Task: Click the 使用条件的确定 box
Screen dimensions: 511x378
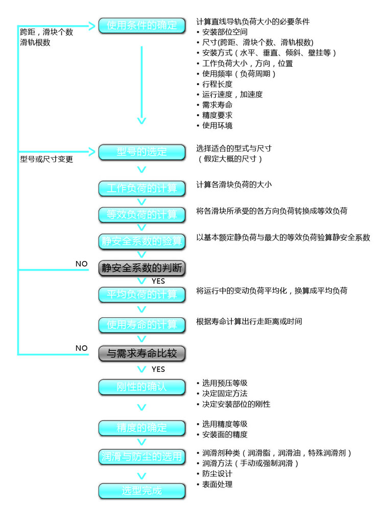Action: (x=141, y=25)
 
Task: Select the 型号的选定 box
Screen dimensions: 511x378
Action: (x=141, y=151)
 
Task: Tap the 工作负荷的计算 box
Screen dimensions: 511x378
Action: (x=141, y=188)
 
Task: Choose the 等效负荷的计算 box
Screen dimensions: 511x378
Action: (x=141, y=214)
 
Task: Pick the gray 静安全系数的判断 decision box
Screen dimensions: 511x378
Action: (x=141, y=268)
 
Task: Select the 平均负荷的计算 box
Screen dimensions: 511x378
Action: (x=141, y=295)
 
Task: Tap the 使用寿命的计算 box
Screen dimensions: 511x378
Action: (x=141, y=324)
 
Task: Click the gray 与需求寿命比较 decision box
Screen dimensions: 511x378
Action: (x=141, y=352)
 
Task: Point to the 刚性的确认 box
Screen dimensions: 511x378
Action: (x=141, y=387)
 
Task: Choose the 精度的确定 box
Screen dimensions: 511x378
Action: (x=141, y=427)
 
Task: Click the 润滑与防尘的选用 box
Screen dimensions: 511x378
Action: (x=141, y=457)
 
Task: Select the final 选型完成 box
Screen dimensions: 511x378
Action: (x=141, y=491)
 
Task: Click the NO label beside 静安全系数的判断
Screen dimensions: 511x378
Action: (x=82, y=264)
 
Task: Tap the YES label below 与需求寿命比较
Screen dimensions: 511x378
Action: (x=158, y=369)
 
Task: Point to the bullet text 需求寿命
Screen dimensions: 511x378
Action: (x=214, y=105)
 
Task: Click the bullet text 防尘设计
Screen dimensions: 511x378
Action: (x=214, y=473)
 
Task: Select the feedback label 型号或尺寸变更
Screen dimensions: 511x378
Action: (x=46, y=159)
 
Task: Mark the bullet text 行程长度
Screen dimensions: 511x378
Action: (x=214, y=84)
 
